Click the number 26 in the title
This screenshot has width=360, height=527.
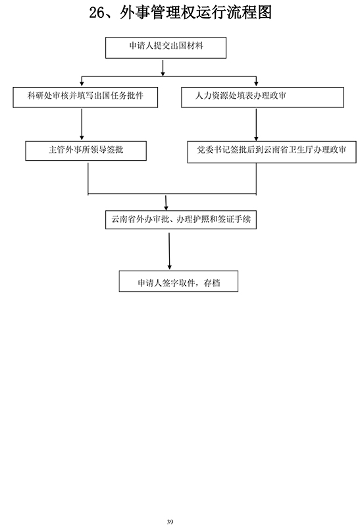[x=97, y=13]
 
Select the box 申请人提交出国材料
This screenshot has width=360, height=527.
[x=166, y=47]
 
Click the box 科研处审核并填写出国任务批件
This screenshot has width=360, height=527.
[x=86, y=97]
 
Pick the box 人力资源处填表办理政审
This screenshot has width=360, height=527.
[x=263, y=97]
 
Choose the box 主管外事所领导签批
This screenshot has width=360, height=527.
[x=86, y=151]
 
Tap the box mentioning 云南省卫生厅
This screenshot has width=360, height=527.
[x=272, y=152]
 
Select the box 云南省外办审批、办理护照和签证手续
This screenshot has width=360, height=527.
[x=181, y=220]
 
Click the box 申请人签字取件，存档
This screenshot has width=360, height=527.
[x=178, y=281]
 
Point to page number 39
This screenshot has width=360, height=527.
[x=170, y=522]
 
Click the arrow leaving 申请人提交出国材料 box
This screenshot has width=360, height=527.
[x=163, y=69]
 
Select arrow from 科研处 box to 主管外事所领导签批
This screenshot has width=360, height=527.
[x=82, y=124]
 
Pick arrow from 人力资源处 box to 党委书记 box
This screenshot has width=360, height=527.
[x=256, y=125]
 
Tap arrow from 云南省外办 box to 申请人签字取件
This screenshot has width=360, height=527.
[x=169, y=252]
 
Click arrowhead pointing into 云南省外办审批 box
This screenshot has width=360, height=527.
[x=166, y=208]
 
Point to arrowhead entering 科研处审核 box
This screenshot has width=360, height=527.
[x=82, y=83]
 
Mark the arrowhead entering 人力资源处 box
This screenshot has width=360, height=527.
[x=256, y=83]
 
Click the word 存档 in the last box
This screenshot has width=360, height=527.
[x=212, y=283]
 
